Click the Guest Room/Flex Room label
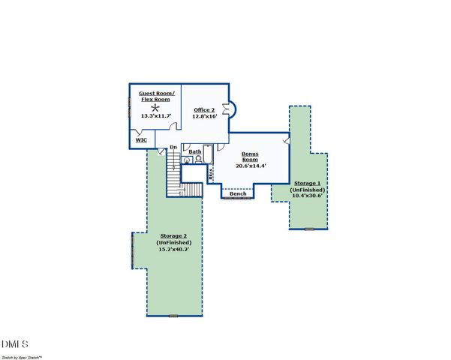[x=156, y=96]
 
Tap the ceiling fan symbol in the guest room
[x=156, y=107]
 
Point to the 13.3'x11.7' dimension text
[x=156, y=116]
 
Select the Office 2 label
[x=203, y=109]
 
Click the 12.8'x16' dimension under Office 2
[x=203, y=116]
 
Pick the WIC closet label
[x=140, y=139]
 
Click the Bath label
[x=195, y=151]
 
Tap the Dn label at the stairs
[x=173, y=147]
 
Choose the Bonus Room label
[x=250, y=157]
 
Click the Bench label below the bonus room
[x=238, y=194]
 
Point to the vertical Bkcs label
[x=212, y=173]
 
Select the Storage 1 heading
[x=308, y=184]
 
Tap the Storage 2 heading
[x=174, y=235]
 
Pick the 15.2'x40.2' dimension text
[x=174, y=249]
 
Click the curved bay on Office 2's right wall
[x=232, y=109]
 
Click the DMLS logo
[x=15, y=344]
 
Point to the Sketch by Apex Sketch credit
[x=22, y=355]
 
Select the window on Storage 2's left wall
[x=133, y=250]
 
